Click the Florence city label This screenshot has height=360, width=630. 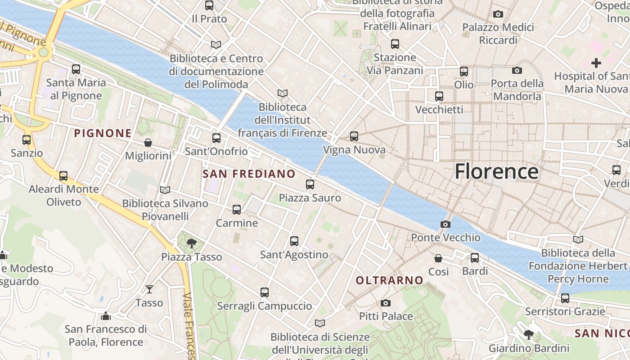pos(496,172)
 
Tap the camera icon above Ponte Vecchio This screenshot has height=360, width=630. pos(445,224)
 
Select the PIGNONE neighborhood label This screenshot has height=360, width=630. pos(103,133)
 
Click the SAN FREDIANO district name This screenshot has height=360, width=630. pos(249,174)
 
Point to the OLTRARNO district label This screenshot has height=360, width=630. pos(389,280)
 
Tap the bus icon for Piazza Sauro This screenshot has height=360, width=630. pos(310,184)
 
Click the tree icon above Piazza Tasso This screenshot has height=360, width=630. pos(192,243)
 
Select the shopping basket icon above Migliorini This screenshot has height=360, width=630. pos(148,143)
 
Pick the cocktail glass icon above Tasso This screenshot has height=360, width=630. pos(149,289)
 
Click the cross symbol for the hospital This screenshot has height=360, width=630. pos(596,63)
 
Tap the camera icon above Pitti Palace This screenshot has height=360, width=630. pos(386,303)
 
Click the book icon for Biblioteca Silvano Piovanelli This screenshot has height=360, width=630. pos(165,190)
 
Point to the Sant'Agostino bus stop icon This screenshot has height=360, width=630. pos(294,241)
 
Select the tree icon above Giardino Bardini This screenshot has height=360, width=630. pos(529,335)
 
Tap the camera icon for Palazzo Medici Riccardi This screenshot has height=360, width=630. pos(498,14)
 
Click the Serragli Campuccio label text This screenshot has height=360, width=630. pos(264,306)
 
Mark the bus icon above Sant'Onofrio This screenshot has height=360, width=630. pos(216,138)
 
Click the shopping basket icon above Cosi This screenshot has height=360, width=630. pos(438,258)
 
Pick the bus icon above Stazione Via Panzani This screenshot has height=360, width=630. pos(395,44)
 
